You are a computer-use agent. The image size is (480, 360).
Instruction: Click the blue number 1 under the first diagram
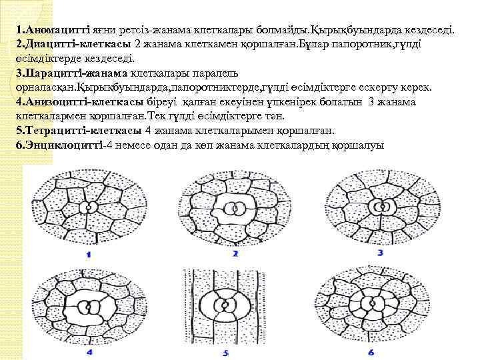[89, 255]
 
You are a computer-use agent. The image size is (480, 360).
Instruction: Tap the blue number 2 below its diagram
[235, 254]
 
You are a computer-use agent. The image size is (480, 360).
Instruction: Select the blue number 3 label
[380, 253]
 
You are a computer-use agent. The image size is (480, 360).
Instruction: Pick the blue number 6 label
[371, 351]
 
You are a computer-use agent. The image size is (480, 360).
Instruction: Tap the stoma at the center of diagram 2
[235, 207]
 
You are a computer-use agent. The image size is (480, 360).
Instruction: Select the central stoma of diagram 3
[381, 207]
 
